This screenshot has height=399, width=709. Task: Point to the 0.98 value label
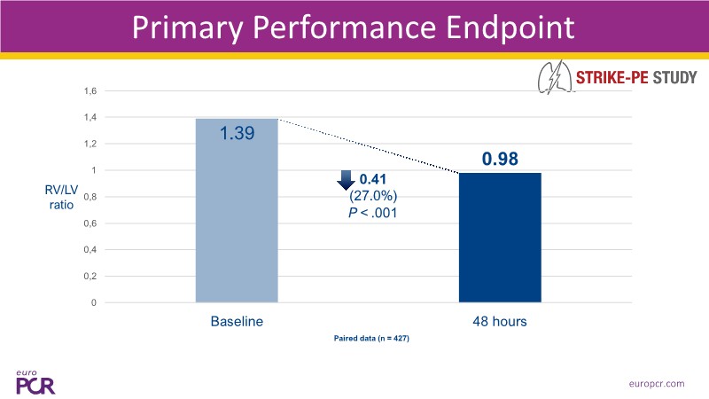click(x=500, y=160)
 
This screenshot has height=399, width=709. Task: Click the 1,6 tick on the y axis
click(x=90, y=90)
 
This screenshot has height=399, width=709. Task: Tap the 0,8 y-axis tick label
click(x=90, y=197)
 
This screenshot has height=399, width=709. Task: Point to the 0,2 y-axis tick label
click(x=90, y=277)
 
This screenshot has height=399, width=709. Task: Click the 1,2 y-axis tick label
click(x=90, y=144)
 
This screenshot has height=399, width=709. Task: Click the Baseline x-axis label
click(x=236, y=321)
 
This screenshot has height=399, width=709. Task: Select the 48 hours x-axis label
click(x=500, y=321)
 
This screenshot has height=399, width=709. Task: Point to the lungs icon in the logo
click(x=555, y=78)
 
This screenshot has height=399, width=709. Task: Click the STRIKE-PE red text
click(x=612, y=77)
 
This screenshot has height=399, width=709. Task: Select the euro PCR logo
click(x=33, y=380)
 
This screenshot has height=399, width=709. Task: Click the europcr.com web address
click(x=653, y=383)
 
